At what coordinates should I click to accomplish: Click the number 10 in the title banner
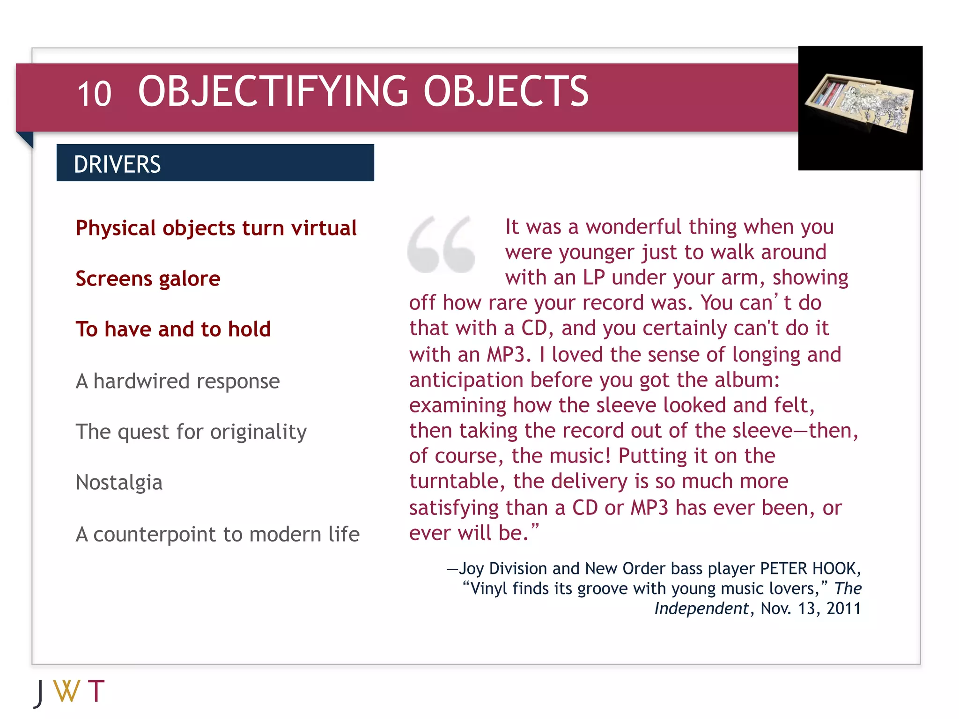94,94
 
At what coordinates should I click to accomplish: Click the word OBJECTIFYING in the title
273,91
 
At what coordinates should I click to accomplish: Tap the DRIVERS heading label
117,164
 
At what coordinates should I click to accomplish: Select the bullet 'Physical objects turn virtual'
216,228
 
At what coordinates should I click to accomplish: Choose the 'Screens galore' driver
148,279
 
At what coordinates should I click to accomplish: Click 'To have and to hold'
173,329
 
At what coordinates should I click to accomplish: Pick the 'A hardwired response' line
177,381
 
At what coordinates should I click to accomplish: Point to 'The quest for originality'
191,432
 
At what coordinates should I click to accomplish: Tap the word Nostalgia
119,482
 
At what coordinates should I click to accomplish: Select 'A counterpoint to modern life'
217,534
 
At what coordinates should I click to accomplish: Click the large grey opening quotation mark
441,244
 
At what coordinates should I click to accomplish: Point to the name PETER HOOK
809,568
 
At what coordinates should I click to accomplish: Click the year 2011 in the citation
843,609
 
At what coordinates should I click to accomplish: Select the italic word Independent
701,609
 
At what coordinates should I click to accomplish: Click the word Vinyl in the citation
488,588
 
